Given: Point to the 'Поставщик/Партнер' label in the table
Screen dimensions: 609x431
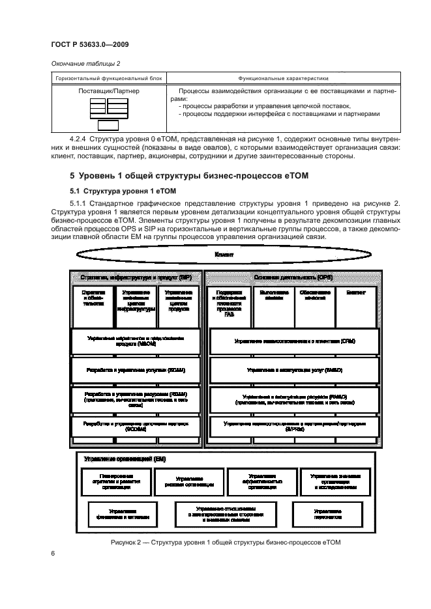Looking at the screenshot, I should coord(100,92).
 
